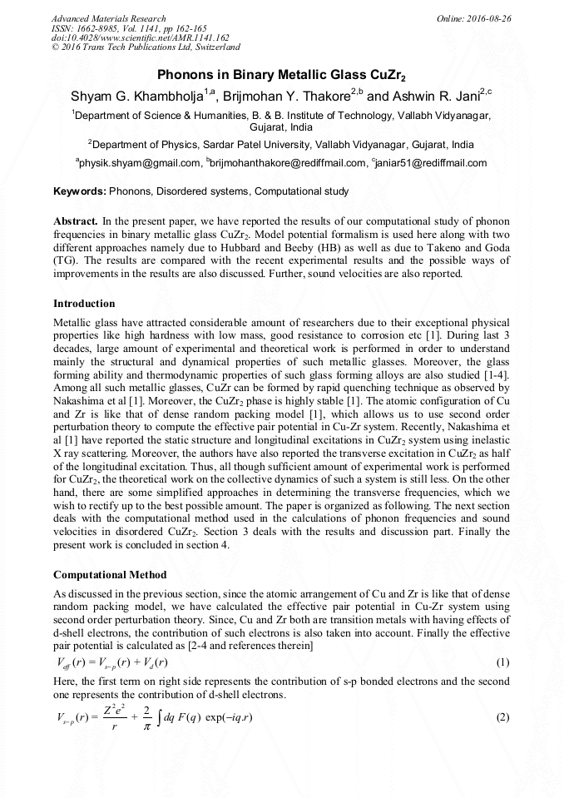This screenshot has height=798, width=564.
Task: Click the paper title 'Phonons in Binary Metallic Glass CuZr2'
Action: pos(281,74)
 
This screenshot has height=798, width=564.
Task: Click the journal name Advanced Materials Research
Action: pos(108,18)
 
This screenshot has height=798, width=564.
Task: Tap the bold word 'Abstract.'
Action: pos(76,222)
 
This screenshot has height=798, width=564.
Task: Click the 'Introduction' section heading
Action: pos(84,303)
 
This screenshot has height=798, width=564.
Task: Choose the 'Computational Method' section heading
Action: pos(110,575)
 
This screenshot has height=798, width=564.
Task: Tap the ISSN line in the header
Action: pos(129,28)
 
